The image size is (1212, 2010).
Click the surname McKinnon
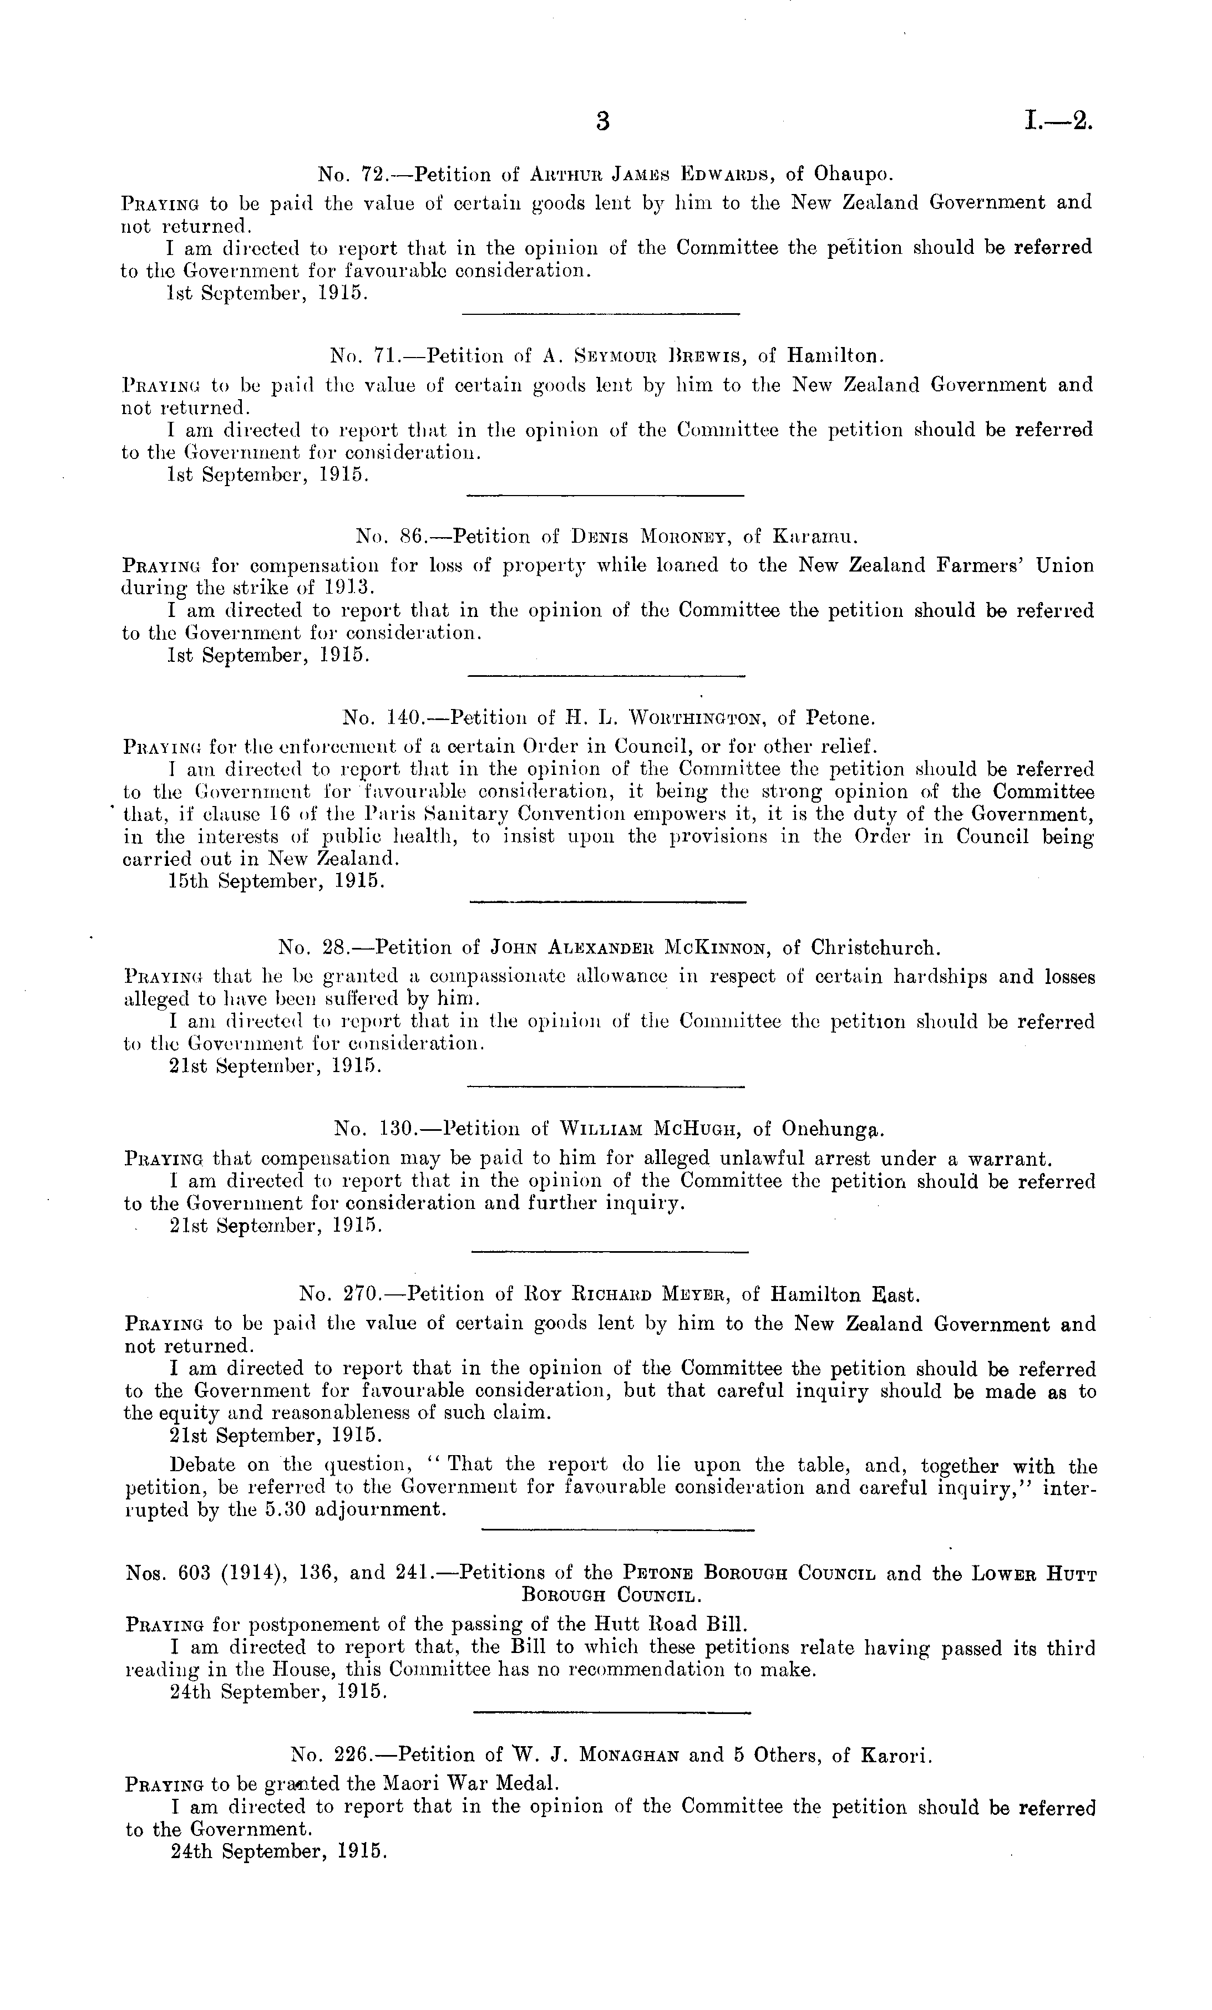pos(716,948)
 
